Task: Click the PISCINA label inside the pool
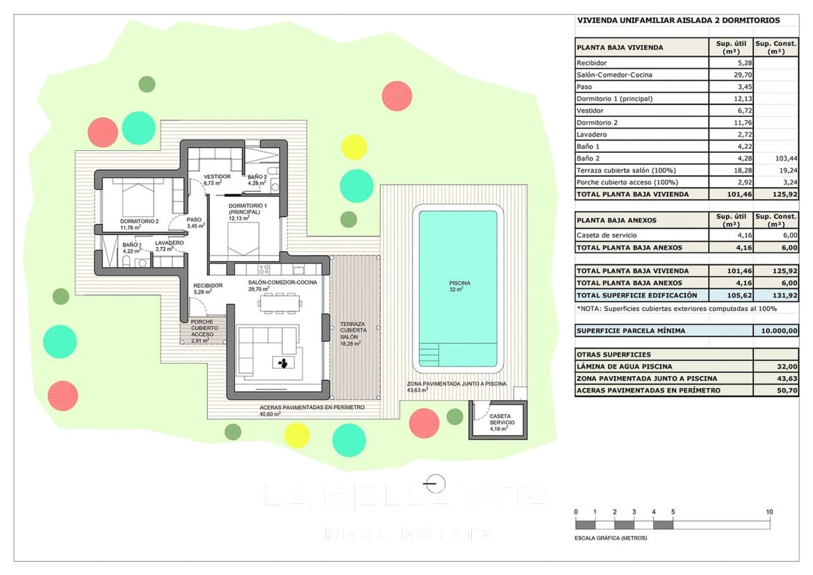tap(459, 283)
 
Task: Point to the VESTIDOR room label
tap(217, 177)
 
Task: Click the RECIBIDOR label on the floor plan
tap(208, 285)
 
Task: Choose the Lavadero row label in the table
tap(592, 134)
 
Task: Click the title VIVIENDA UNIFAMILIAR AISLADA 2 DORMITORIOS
tap(677, 21)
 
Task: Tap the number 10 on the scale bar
tap(769, 512)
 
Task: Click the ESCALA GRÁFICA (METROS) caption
tap(611, 538)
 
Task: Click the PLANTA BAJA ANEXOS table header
tap(616, 220)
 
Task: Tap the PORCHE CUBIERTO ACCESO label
tap(204, 331)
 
